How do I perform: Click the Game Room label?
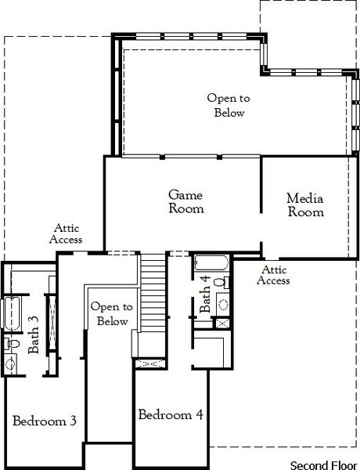pos(187,201)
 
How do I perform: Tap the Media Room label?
pos(305,204)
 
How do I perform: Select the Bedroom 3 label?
pos(45,421)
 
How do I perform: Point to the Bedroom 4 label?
pos(171,414)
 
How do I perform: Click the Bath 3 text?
pos(34,334)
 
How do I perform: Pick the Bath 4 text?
pos(205,295)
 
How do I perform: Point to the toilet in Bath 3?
pos(13,343)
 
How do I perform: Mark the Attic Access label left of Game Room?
pos(66,233)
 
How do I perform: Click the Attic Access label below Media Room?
pos(274,274)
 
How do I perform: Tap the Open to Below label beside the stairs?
pos(109,314)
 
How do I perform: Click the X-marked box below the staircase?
pos(151,364)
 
